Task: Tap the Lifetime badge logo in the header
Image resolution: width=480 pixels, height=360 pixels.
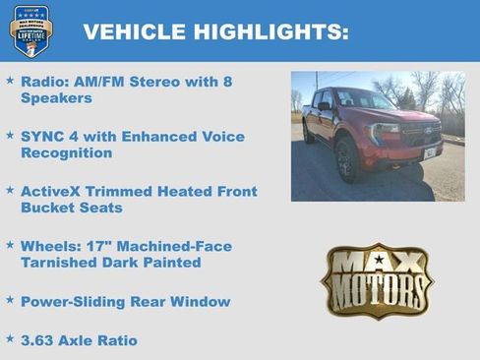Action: pyautogui.click(x=30, y=30)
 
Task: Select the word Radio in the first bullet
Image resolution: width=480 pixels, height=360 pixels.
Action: pyautogui.click(x=41, y=82)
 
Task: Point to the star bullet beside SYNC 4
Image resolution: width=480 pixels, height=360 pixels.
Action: pyautogui.click(x=10, y=133)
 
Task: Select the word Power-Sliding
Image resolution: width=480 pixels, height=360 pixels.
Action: pyautogui.click(x=74, y=301)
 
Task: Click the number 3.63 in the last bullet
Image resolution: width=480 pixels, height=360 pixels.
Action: pyautogui.click(x=38, y=340)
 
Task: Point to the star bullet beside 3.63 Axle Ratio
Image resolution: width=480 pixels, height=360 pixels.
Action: pyautogui.click(x=10, y=337)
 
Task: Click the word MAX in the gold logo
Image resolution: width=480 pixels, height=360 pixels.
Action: pyautogui.click(x=378, y=262)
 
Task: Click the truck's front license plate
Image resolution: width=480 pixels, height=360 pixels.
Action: pyautogui.click(x=429, y=152)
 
